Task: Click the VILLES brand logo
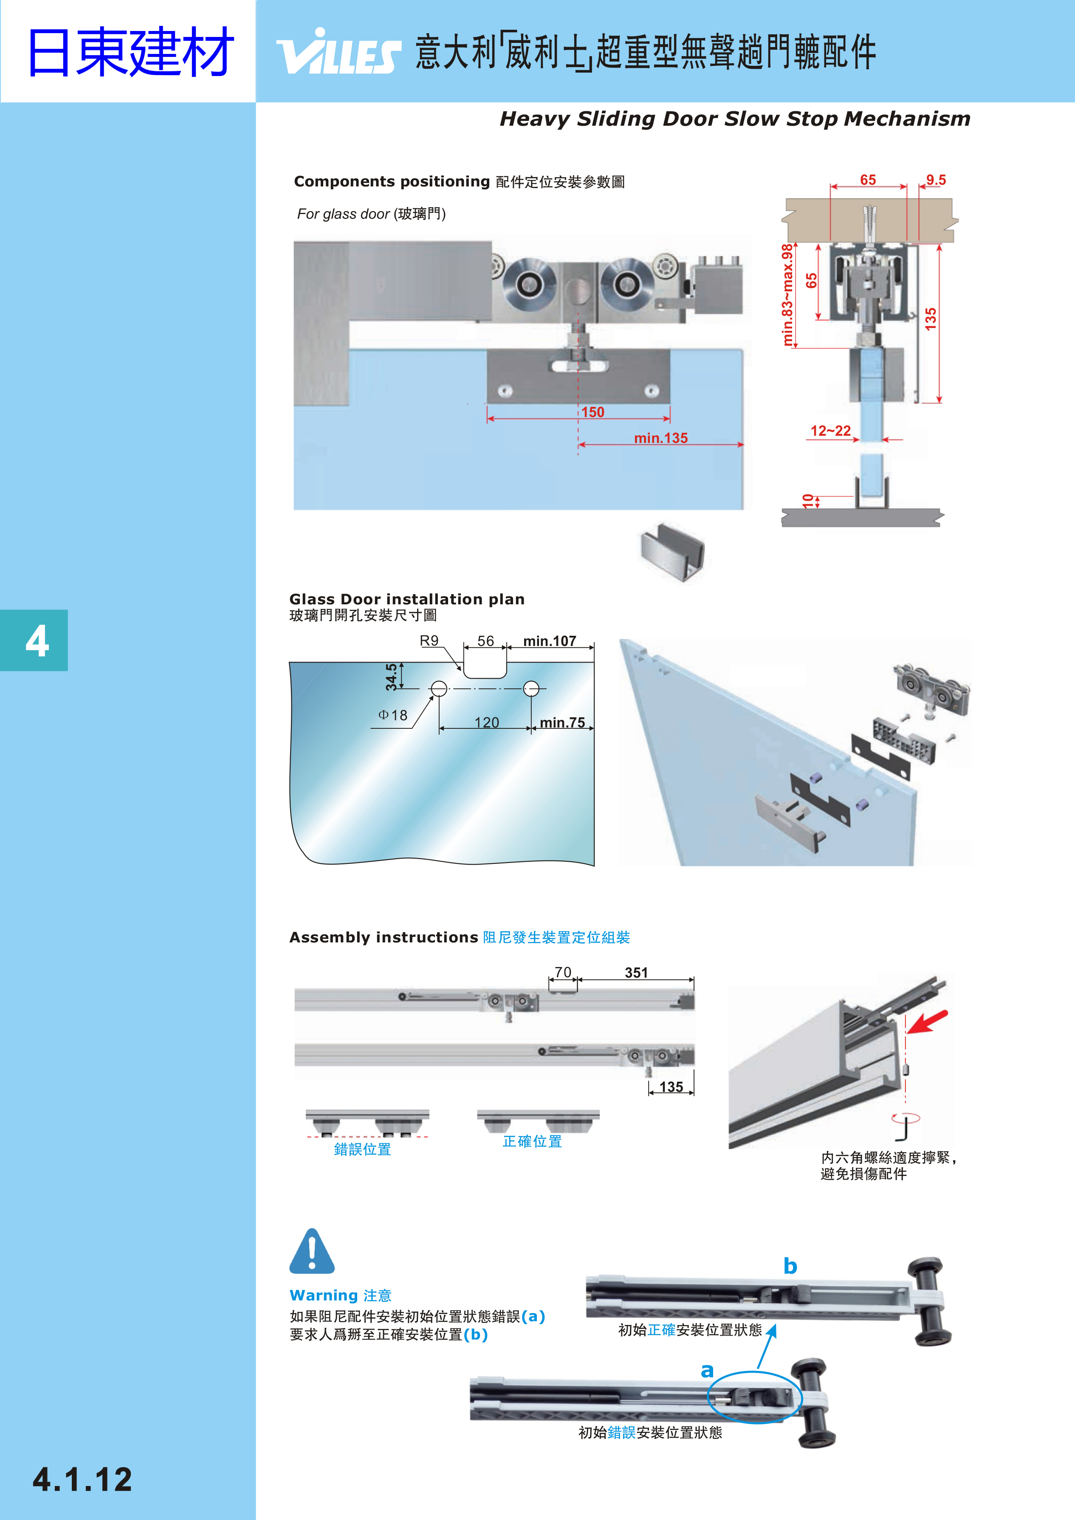point(338,52)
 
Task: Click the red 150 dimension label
point(593,412)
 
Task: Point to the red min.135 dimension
point(660,438)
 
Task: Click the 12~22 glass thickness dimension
point(831,431)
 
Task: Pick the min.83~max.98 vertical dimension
point(787,295)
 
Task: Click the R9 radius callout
point(429,641)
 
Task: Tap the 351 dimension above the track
point(636,973)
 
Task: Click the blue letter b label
point(790,1266)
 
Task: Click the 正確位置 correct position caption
point(532,1141)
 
